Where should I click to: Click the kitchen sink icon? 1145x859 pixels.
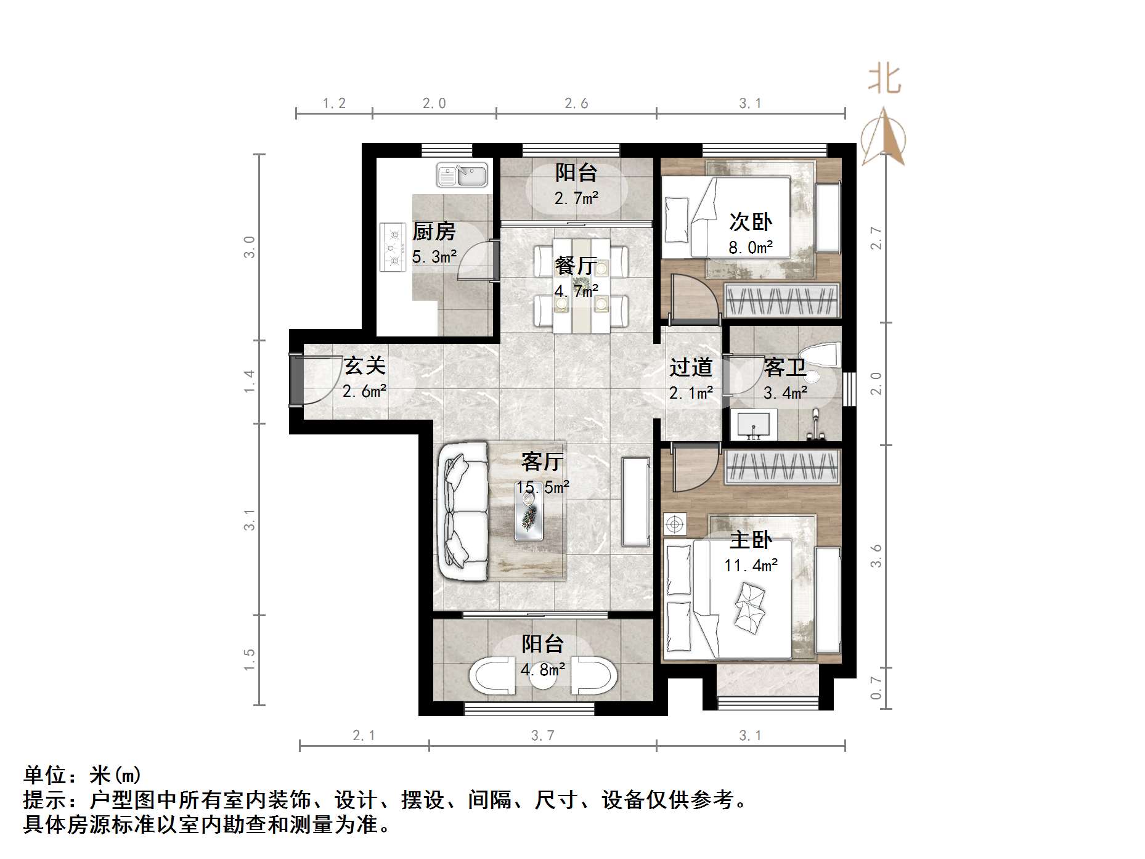pos(462,174)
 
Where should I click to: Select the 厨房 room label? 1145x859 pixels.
pos(434,232)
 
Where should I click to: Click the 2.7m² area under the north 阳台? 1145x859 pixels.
pos(576,198)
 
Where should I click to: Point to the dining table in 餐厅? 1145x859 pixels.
pos(582,285)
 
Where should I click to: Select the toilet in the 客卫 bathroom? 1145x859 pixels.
pos(822,358)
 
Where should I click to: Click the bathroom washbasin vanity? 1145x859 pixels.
pos(752,426)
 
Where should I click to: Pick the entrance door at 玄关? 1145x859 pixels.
pos(296,381)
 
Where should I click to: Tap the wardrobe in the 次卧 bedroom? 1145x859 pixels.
pos(781,301)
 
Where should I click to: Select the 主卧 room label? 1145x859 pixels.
pos(750,540)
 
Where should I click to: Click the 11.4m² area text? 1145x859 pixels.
pos(751,565)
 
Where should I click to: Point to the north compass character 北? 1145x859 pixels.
pos(884,80)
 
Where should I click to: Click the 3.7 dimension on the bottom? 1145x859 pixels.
pos(542,735)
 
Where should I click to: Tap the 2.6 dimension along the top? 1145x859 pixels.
pos(576,104)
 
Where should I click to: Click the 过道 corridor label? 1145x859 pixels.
pos(691,368)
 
